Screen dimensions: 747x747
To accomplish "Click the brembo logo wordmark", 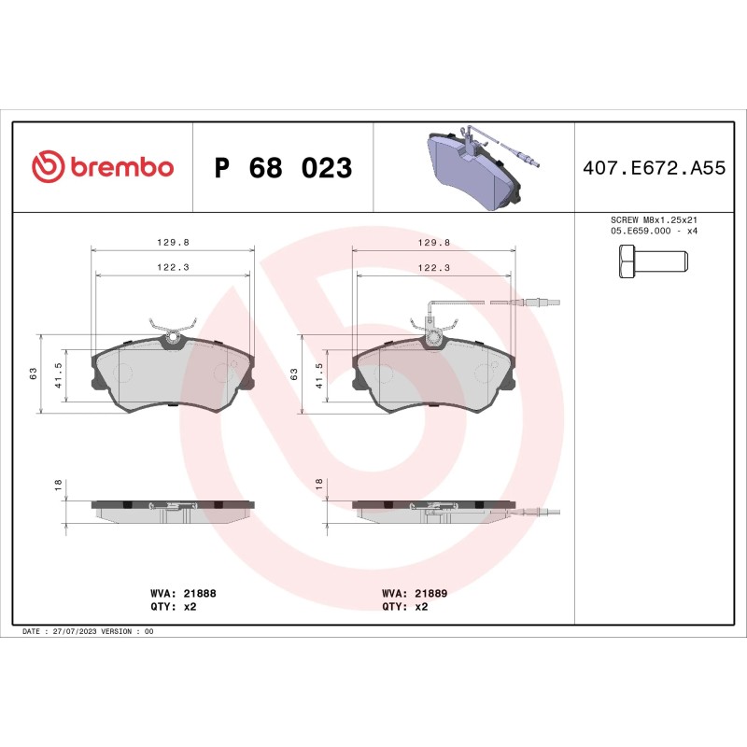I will pos(103,168).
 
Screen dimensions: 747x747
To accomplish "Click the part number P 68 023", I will pos(283,168).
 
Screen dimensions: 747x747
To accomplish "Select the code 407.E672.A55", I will pos(654,168).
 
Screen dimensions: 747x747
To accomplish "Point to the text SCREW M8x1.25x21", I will pos(653,220).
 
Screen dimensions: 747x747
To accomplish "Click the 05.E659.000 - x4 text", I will pos(653,231).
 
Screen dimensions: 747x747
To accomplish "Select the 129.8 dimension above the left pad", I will pos(173,242).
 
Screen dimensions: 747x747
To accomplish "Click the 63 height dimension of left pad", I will pos(33,373).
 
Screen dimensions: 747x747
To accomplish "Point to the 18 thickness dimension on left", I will pos(58,485).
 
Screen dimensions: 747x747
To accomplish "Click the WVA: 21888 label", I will pos(183,593).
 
